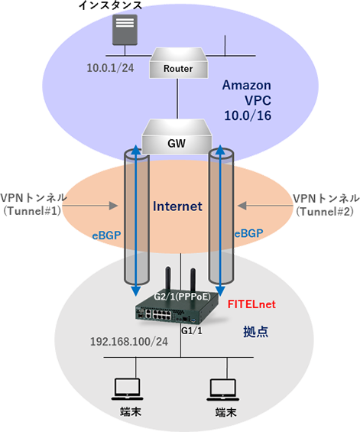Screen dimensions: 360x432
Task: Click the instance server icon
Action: click(125, 30)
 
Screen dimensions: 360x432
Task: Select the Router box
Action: click(178, 63)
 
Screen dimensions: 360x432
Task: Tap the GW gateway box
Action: click(177, 137)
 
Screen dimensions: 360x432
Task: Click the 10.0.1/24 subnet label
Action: click(111, 68)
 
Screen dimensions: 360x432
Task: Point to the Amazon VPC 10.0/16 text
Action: click(247, 100)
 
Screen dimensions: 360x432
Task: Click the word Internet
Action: click(177, 206)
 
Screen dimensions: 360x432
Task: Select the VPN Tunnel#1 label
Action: click(34, 204)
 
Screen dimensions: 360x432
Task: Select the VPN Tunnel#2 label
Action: click(326, 205)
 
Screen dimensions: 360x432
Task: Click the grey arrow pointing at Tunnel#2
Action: click(265, 206)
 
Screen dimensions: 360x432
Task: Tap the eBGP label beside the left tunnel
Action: click(106, 235)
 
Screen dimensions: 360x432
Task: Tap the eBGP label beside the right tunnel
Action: click(248, 234)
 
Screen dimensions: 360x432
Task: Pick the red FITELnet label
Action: click(251, 304)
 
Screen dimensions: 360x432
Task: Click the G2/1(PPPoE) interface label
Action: click(183, 297)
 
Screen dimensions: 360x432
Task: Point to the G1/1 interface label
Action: click(192, 330)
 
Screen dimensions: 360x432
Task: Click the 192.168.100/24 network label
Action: click(129, 342)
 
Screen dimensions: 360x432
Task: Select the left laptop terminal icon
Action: click(127, 389)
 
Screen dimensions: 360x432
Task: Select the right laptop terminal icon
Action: click(223, 390)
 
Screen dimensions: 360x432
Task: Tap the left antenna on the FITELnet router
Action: click(167, 278)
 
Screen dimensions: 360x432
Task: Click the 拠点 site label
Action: click(255, 331)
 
